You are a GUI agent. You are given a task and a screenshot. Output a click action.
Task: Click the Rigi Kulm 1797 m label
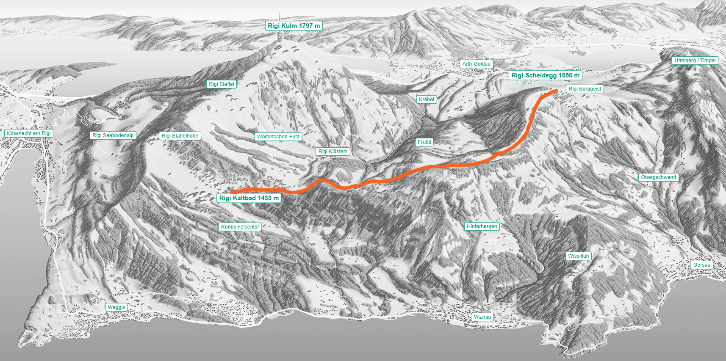click(294, 26)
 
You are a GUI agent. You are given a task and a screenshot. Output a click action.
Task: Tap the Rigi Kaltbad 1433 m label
click(249, 198)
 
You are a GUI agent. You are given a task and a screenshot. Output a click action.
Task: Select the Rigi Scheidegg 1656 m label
click(545, 75)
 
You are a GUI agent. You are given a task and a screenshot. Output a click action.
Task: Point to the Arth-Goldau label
click(476, 64)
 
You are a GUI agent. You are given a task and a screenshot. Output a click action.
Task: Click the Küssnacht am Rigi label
click(29, 133)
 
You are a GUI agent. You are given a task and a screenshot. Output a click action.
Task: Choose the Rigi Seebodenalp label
click(113, 135)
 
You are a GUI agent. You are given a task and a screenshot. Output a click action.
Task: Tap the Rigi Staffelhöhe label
click(180, 136)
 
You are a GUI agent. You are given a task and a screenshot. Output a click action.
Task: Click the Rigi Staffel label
click(222, 84)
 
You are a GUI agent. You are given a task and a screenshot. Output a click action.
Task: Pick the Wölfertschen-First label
click(278, 137)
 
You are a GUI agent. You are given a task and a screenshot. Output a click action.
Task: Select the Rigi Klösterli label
click(333, 152)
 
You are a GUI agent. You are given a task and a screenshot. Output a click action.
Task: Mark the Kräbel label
click(427, 99)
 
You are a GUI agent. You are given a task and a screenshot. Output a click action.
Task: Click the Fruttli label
click(424, 142)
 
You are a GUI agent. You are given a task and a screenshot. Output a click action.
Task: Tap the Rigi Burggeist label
click(585, 89)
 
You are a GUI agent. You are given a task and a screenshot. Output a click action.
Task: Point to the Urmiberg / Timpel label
click(695, 61)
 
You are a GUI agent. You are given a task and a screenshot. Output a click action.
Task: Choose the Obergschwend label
click(659, 177)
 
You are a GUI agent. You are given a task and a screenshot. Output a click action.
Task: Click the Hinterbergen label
click(482, 226)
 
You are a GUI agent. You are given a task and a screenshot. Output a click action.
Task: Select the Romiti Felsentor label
click(240, 227)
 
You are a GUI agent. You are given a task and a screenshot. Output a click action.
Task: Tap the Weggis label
click(116, 307)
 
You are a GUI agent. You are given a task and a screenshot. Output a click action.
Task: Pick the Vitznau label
click(482, 317)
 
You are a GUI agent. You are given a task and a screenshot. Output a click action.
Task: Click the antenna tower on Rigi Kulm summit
click(279, 37)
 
